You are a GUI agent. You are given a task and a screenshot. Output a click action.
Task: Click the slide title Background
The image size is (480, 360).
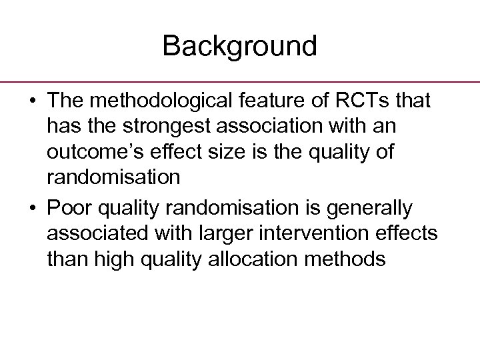coord(239,46)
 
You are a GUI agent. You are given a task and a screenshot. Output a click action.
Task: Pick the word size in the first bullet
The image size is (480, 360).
coord(233,151)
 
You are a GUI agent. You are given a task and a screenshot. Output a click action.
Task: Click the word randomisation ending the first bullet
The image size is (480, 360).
coord(113,177)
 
